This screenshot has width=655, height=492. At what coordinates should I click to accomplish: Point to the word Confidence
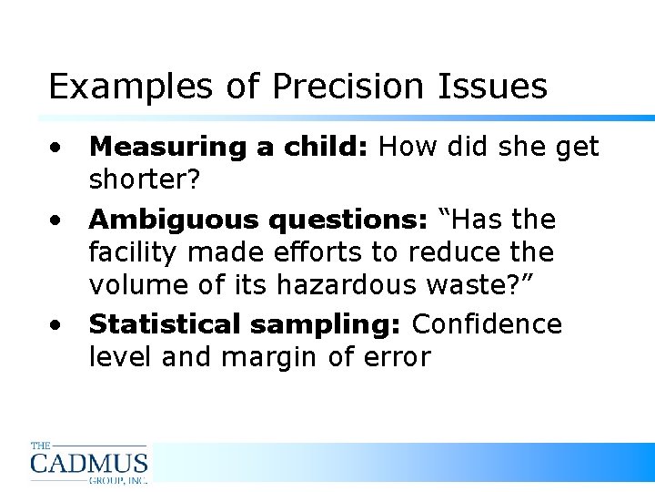click(488, 325)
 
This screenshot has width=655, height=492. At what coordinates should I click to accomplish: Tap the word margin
click(271, 357)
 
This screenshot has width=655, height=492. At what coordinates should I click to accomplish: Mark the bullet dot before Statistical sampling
click(56, 325)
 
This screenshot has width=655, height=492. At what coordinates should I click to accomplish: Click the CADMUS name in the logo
click(88, 462)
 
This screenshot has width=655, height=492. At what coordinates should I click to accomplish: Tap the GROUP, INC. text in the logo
click(117, 478)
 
